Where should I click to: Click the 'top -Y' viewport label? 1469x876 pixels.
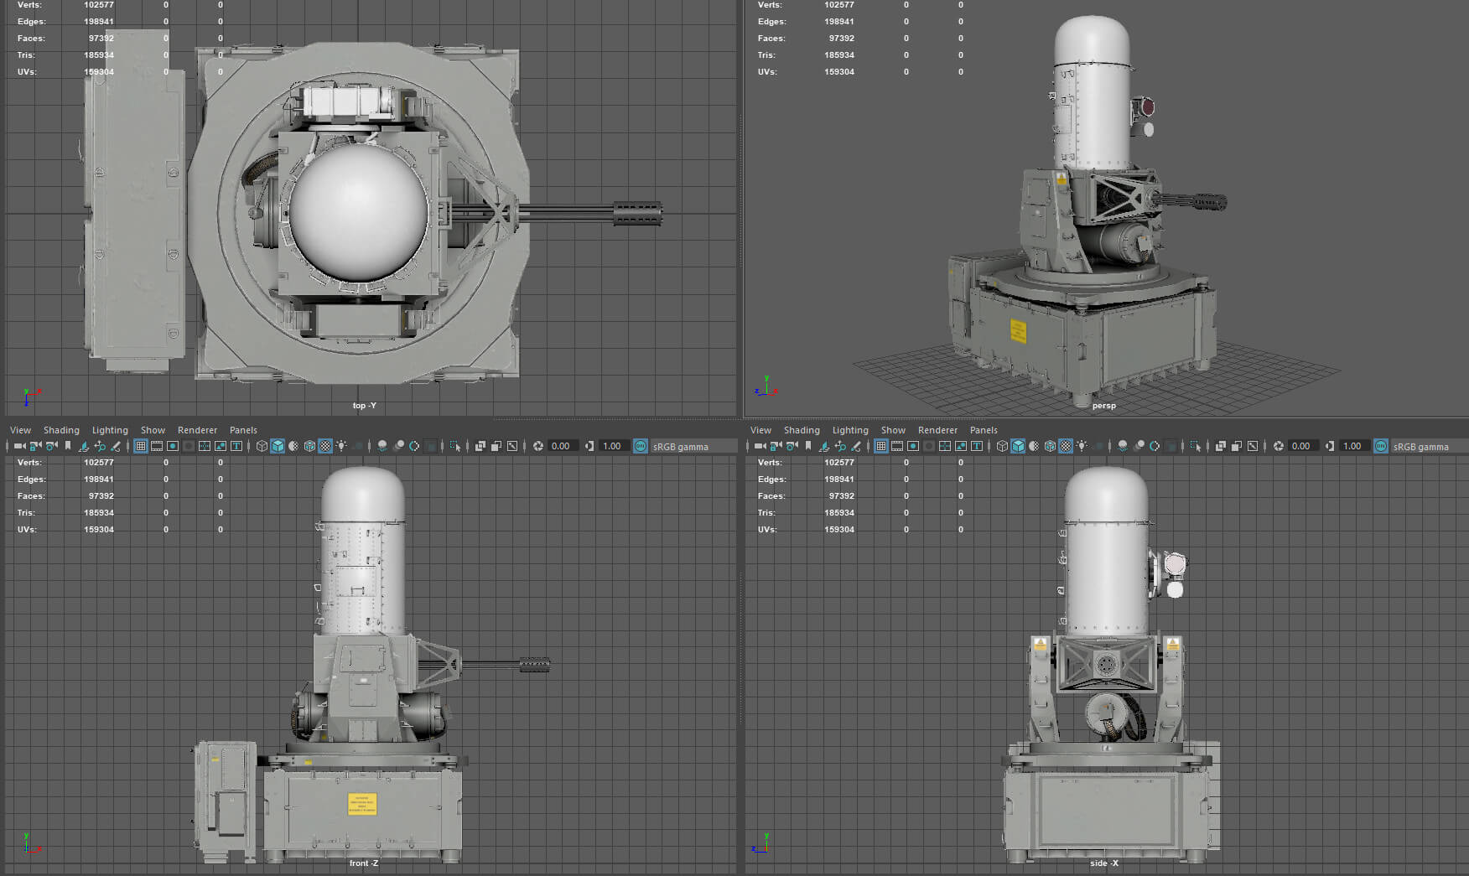tap(364, 406)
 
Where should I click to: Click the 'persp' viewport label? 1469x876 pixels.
tap(1103, 406)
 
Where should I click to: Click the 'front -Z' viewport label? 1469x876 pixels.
tap(364, 863)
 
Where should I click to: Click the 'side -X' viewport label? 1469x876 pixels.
tap(1103, 863)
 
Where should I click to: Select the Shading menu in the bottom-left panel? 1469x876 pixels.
tap(61, 430)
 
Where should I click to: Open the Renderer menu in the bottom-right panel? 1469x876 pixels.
tap(937, 430)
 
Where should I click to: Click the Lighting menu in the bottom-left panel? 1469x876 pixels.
tap(110, 430)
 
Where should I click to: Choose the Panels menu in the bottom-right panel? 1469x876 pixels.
tap(984, 430)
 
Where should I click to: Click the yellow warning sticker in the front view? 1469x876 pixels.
tap(362, 804)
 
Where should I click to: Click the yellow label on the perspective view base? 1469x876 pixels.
tap(1018, 331)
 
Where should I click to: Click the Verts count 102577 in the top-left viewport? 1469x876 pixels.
tap(98, 5)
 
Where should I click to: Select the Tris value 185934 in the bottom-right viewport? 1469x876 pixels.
tap(838, 513)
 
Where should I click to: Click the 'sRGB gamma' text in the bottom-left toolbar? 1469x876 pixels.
tap(680, 447)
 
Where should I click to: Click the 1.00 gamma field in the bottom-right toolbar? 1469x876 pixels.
tap(1352, 446)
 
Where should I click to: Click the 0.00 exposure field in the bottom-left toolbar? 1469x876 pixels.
tap(560, 446)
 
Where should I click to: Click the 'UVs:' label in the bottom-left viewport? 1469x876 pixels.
tap(27, 530)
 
